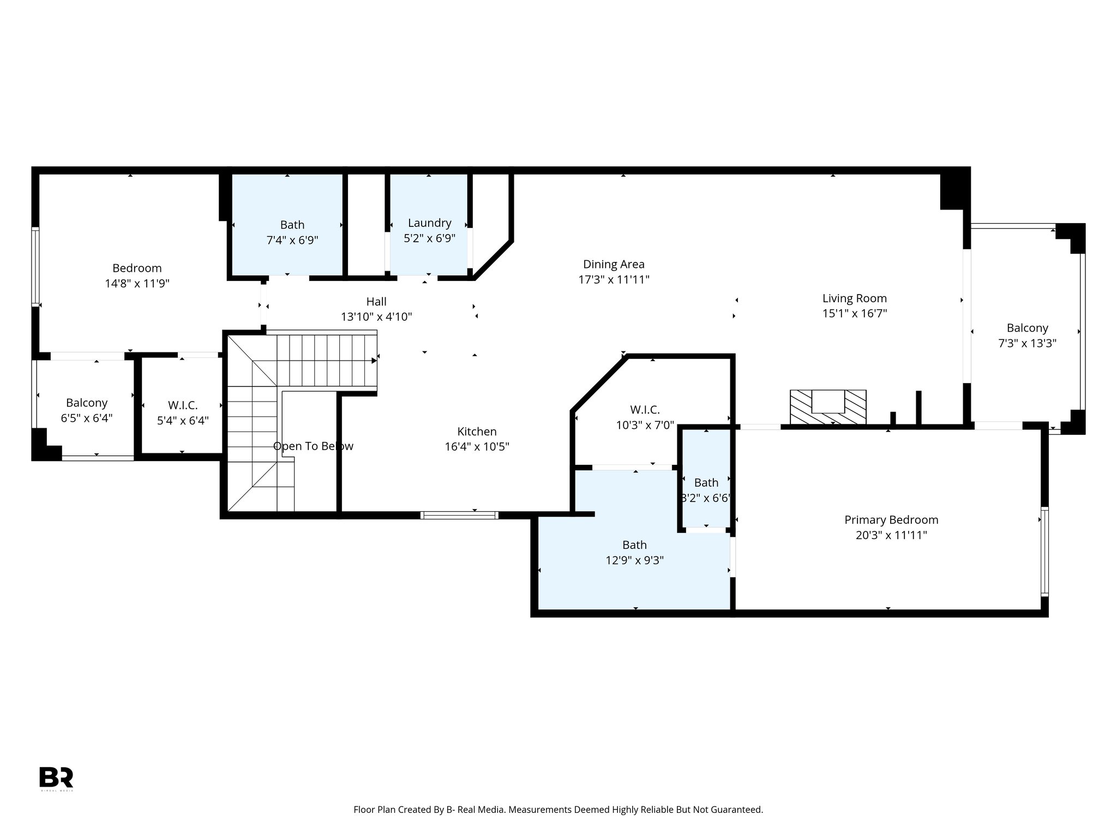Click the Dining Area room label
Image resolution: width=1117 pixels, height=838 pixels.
614,265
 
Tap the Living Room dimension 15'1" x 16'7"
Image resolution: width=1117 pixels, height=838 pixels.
855,314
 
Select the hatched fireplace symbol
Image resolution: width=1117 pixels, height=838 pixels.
828,407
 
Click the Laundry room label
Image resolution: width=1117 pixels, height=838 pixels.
430,223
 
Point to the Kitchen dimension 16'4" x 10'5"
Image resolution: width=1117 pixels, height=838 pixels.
477,447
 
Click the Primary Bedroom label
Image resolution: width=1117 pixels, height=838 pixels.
891,520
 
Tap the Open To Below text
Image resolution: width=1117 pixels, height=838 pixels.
313,446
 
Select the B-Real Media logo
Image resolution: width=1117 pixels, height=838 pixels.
56,777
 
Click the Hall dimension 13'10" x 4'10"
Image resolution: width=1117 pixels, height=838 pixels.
376,317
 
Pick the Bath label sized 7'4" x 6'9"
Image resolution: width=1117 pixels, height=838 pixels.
292,225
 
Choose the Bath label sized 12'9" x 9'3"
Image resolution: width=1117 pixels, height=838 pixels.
634,545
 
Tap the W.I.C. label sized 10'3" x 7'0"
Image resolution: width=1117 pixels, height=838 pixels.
645,410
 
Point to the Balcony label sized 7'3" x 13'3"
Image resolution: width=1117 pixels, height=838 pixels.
1027,328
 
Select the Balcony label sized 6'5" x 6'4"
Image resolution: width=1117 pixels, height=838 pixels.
87,403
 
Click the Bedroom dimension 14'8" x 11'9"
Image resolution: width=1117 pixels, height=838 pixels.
137,284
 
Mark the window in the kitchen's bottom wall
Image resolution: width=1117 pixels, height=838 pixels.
459,514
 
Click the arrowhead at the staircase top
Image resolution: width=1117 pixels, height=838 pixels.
374,361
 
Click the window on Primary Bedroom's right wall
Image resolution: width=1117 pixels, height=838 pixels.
1044,550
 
